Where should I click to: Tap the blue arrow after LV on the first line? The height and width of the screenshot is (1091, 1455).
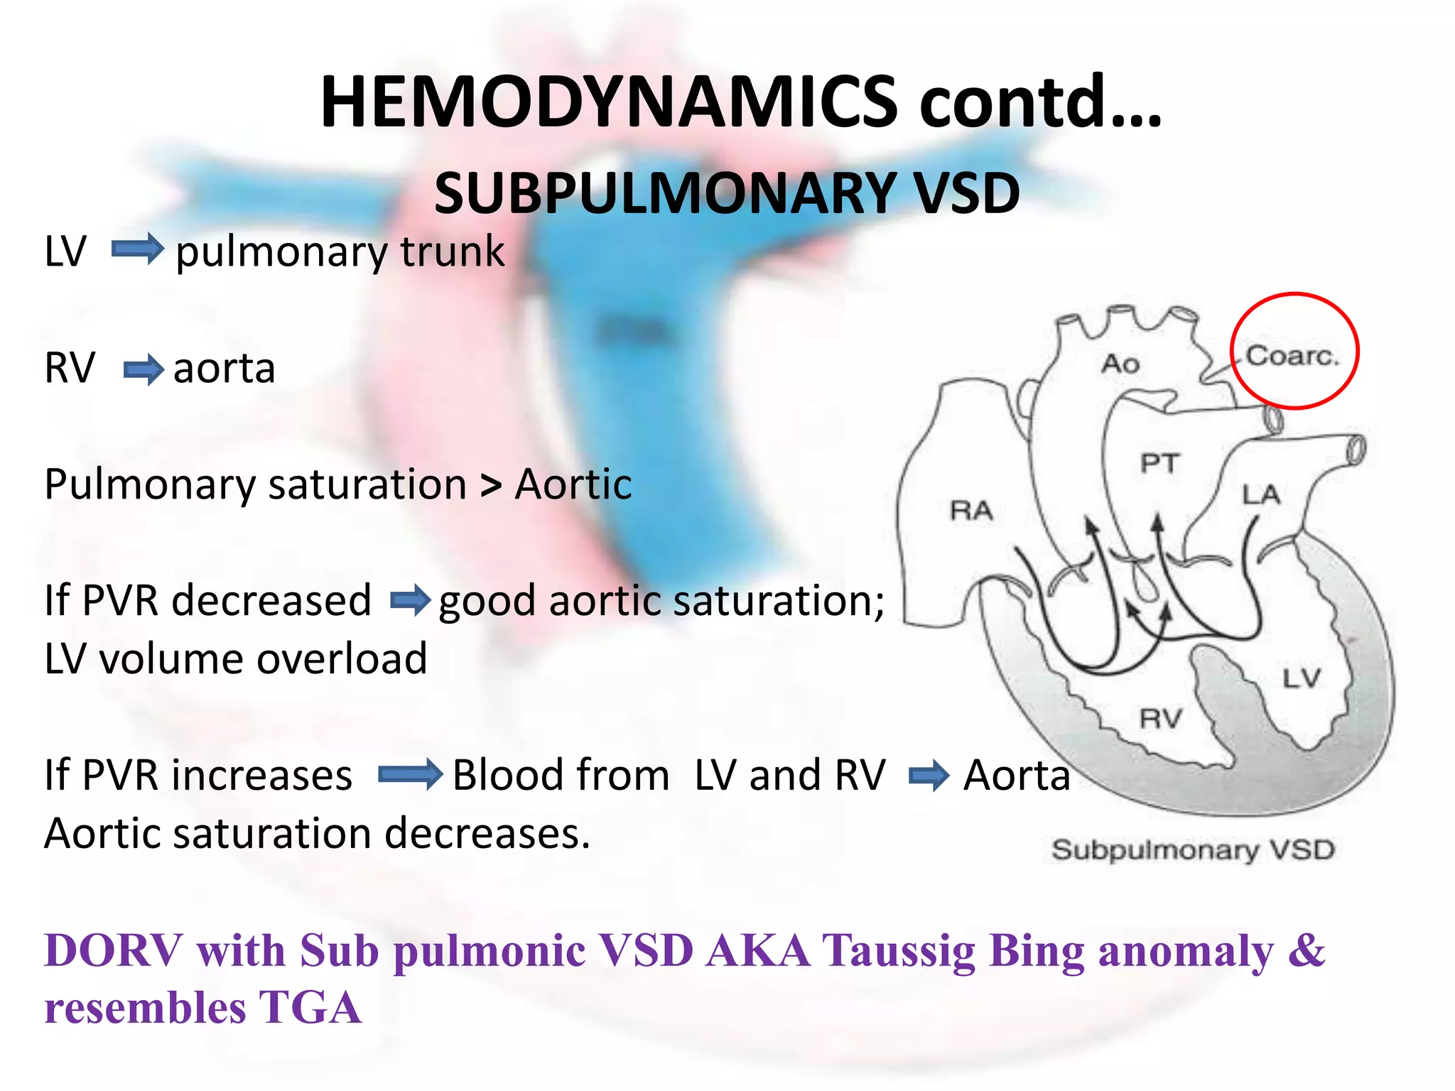point(138,250)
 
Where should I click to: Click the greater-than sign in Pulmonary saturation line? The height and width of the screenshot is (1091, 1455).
point(490,486)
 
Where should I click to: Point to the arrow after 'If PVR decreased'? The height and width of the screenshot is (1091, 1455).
point(410,601)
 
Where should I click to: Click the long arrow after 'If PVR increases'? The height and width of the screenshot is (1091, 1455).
point(410,774)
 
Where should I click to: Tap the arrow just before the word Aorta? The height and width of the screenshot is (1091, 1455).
point(929,775)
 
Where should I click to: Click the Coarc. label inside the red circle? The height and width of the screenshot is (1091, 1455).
point(1292,355)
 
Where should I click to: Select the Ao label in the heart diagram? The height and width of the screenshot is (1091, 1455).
point(1120,364)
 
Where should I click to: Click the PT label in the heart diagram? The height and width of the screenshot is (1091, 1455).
point(1159,464)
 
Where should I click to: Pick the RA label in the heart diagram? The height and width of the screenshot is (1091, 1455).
point(971,510)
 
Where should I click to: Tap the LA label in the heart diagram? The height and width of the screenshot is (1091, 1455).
point(1260,494)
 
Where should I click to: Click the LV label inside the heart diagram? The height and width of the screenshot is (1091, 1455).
point(1301,678)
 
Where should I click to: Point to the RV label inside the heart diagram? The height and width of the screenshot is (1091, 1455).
point(1160,719)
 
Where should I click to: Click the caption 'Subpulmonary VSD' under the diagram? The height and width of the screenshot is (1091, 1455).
point(1193,850)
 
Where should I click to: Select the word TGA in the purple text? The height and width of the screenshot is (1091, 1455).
point(309,1008)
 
